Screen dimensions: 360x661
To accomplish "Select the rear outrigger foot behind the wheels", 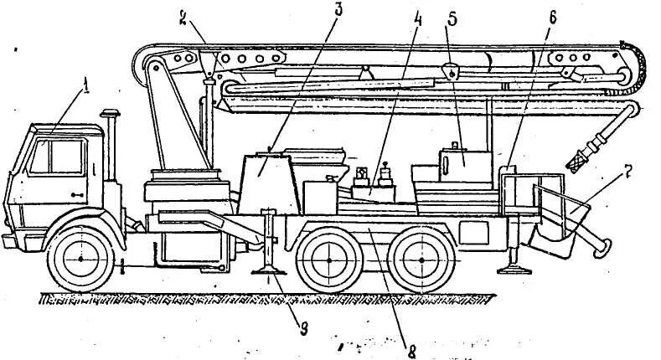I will (x=512, y=268).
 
